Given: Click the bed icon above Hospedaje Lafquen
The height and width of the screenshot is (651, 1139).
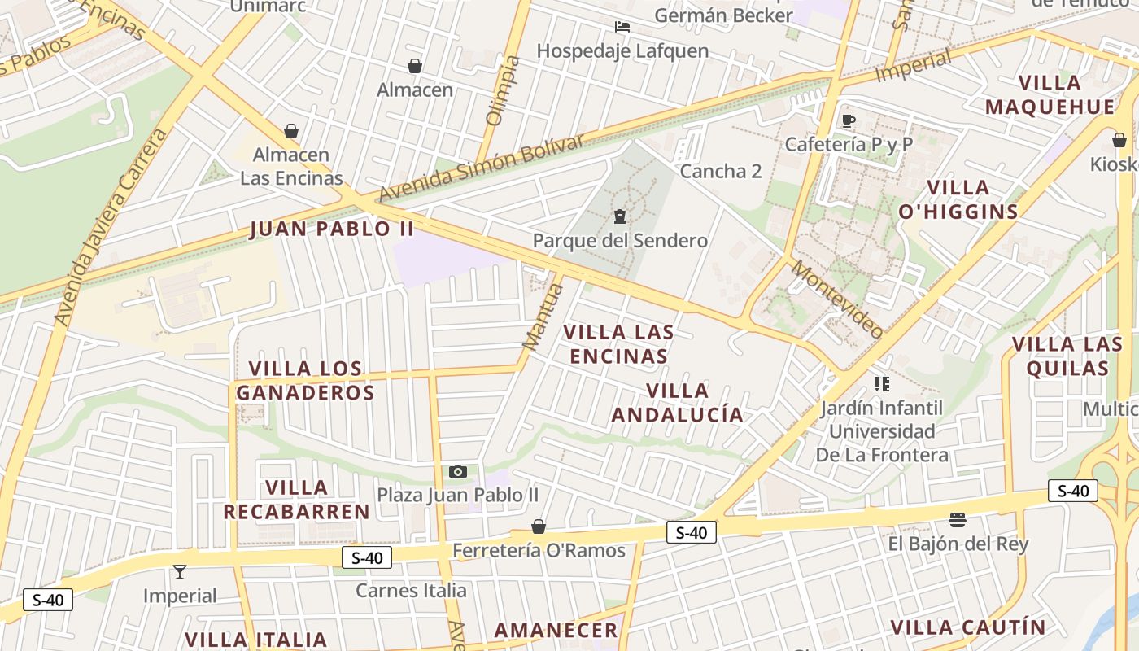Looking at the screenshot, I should (x=622, y=27).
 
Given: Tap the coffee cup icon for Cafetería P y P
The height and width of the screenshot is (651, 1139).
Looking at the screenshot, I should (x=849, y=121).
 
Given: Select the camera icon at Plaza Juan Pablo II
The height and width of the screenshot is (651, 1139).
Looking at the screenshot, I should (x=458, y=471).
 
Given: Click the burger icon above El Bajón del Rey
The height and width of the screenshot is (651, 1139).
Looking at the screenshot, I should (x=958, y=520).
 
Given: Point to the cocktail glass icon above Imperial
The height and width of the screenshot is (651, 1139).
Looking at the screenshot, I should (x=180, y=572).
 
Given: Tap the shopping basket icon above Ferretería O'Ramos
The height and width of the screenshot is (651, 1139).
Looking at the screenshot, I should (x=538, y=526).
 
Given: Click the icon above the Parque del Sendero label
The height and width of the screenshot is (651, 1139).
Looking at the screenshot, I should (x=620, y=216).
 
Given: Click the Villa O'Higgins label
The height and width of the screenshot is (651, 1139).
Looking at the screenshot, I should (x=958, y=199).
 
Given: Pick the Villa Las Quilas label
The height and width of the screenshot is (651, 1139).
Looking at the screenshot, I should (x=1067, y=356).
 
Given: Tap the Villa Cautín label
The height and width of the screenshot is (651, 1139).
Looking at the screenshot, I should (x=967, y=627).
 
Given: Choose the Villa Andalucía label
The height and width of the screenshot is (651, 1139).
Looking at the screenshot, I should (x=678, y=403).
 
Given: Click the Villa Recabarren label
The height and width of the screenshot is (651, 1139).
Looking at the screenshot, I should (x=297, y=500).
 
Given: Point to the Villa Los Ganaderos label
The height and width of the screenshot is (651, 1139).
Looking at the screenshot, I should (x=305, y=381).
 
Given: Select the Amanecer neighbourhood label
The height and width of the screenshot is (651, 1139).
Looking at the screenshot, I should (x=556, y=630).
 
